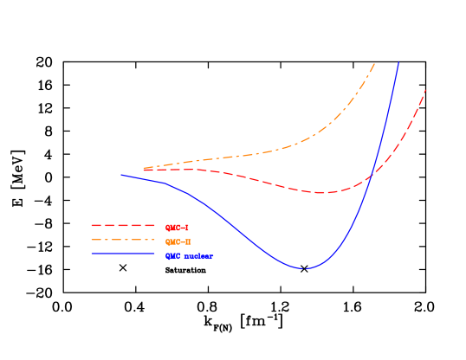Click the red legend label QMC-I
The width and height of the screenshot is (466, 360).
coord(176,227)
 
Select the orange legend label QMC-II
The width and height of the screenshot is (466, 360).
coord(178,241)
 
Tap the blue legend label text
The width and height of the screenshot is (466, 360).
coord(189,256)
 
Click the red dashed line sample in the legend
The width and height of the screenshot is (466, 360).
coord(122,226)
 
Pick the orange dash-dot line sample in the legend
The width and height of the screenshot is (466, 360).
coord(122,241)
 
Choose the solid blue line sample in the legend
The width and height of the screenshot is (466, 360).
coord(122,254)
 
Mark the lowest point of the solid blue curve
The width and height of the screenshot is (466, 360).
coord(305,268)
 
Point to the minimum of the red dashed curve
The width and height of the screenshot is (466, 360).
coord(322,192)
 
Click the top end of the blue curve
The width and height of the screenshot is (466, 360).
coord(398,61)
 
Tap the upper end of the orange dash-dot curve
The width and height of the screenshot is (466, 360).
coord(374,63)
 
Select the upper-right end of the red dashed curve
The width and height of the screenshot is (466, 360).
coord(425,90)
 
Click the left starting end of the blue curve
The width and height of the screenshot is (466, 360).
coord(122,175)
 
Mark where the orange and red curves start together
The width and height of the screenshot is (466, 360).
coord(144,169)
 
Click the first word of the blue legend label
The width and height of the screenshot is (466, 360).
coord(173,256)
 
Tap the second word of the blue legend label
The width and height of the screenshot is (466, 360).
coord(199,256)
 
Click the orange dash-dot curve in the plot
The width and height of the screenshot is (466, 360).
coord(260,152)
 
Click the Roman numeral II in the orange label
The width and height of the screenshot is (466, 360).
coord(186,241)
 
